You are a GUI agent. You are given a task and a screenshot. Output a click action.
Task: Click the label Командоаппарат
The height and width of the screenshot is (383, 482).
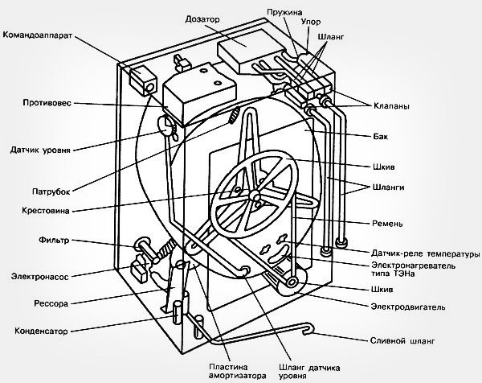coord(38,35)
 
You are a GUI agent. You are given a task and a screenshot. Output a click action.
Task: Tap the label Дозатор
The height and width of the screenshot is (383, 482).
coord(202,19)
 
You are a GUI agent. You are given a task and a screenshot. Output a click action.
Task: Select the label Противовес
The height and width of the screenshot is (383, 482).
coord(47,102)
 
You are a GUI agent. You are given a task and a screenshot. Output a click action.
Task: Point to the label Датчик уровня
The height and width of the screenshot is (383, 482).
coord(40,150)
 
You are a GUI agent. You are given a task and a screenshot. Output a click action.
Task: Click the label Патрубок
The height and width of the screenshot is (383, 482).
coord(51,191)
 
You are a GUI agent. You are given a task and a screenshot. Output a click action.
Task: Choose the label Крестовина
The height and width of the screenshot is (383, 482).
coord(46,211)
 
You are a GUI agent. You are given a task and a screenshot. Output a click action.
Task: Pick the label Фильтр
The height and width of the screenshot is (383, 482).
coord(54,240)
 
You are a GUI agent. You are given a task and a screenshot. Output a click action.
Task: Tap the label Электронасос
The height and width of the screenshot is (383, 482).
coord(39,276)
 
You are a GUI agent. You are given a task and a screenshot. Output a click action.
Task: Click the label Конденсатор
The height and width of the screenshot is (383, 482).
coord(41,331)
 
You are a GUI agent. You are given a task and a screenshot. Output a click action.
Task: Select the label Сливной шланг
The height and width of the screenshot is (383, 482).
coord(402,341)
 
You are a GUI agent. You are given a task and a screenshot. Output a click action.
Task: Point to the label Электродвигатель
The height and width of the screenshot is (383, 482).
coord(408,307)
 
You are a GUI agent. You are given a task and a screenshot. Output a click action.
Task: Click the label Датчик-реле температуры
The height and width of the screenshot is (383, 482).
coord(426,253)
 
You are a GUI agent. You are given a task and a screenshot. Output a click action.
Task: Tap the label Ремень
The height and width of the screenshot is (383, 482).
coord(387,223)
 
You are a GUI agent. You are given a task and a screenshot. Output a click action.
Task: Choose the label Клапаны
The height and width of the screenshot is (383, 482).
coord(391,106)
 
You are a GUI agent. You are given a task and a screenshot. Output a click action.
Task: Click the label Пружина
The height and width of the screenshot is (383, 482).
coord(284,12)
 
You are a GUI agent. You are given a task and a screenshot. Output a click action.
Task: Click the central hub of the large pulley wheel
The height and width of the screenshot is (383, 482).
coord(255,195)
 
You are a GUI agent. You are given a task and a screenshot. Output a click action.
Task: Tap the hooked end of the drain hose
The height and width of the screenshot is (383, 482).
coord(308,328)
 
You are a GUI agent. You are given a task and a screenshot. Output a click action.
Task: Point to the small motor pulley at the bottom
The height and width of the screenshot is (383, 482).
coord(291,282)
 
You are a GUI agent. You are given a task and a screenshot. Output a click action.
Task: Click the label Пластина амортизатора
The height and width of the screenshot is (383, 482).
coord(237,371)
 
